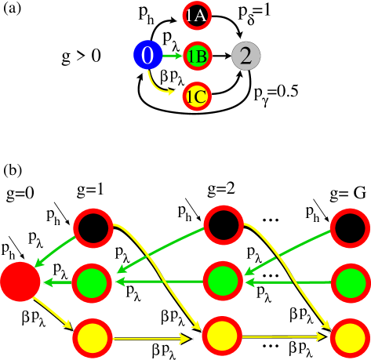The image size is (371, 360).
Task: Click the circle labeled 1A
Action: click(x=196, y=15)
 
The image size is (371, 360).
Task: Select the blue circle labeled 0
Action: click(x=147, y=56)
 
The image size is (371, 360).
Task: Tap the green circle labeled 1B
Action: click(x=196, y=56)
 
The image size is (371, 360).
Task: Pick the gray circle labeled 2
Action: click(x=246, y=56)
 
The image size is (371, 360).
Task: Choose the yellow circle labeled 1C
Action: click(x=196, y=96)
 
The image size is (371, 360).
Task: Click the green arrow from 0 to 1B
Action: click(x=172, y=56)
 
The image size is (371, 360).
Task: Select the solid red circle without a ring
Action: click(x=20, y=282)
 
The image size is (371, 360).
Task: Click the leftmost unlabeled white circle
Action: click(x=93, y=227)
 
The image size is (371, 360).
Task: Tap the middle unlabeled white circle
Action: click(x=223, y=225)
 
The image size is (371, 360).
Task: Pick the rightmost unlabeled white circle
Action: click(x=350, y=228)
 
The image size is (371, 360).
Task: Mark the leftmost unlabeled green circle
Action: click(x=92, y=282)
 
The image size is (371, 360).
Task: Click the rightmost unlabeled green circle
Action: click(x=350, y=282)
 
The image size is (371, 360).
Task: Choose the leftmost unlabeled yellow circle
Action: click(x=93, y=339)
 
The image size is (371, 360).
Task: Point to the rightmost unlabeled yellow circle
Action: click(x=350, y=338)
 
